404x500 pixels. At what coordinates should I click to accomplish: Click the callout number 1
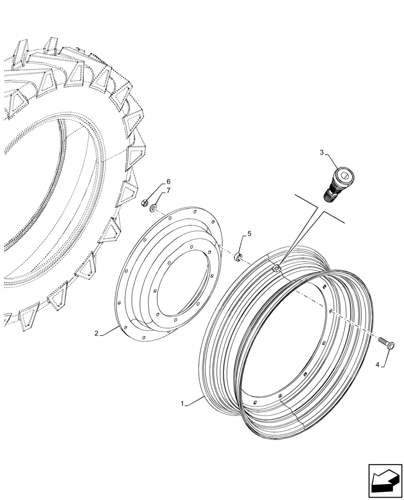point(183,403)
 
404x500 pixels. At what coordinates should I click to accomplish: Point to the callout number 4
point(378,364)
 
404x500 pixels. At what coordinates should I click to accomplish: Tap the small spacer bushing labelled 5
point(238,257)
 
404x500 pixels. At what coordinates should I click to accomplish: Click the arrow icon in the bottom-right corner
point(385,481)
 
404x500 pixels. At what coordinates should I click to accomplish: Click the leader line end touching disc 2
point(120,325)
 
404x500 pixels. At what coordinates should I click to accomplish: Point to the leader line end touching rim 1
point(203,395)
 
